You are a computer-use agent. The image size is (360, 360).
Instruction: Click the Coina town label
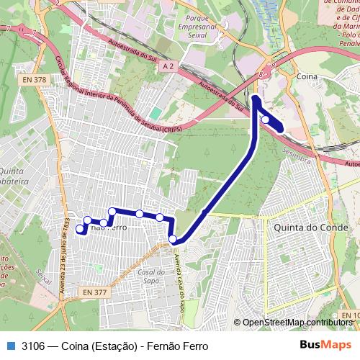[x=308, y=73]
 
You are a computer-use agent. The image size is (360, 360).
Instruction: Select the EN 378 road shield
[x=35, y=80]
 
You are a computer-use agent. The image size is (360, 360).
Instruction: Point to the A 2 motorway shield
[x=168, y=66]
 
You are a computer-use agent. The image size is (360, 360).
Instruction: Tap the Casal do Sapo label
[x=153, y=276]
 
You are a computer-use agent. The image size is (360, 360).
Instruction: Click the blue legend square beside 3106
[x=9, y=345]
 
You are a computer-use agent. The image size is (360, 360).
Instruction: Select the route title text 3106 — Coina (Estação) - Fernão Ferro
[x=115, y=345]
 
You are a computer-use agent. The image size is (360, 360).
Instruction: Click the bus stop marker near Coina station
[x=266, y=120]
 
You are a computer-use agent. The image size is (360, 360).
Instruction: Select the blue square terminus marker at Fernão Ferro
[x=79, y=229]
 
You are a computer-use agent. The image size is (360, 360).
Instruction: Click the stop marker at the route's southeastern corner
[x=173, y=239]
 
